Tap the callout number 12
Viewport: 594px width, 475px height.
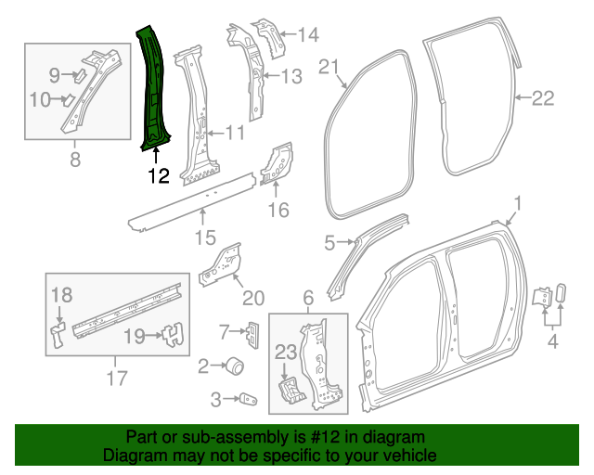158,173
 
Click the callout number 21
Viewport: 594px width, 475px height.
330,66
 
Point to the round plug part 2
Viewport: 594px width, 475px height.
236,367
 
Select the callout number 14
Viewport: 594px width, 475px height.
307,35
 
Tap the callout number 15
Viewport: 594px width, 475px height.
205,240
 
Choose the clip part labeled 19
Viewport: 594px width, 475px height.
171,335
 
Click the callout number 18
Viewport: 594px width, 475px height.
60,296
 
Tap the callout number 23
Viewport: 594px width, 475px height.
286,352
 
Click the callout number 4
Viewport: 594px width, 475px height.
552,346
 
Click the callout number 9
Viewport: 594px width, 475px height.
54,74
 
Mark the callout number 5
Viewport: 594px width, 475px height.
328,243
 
